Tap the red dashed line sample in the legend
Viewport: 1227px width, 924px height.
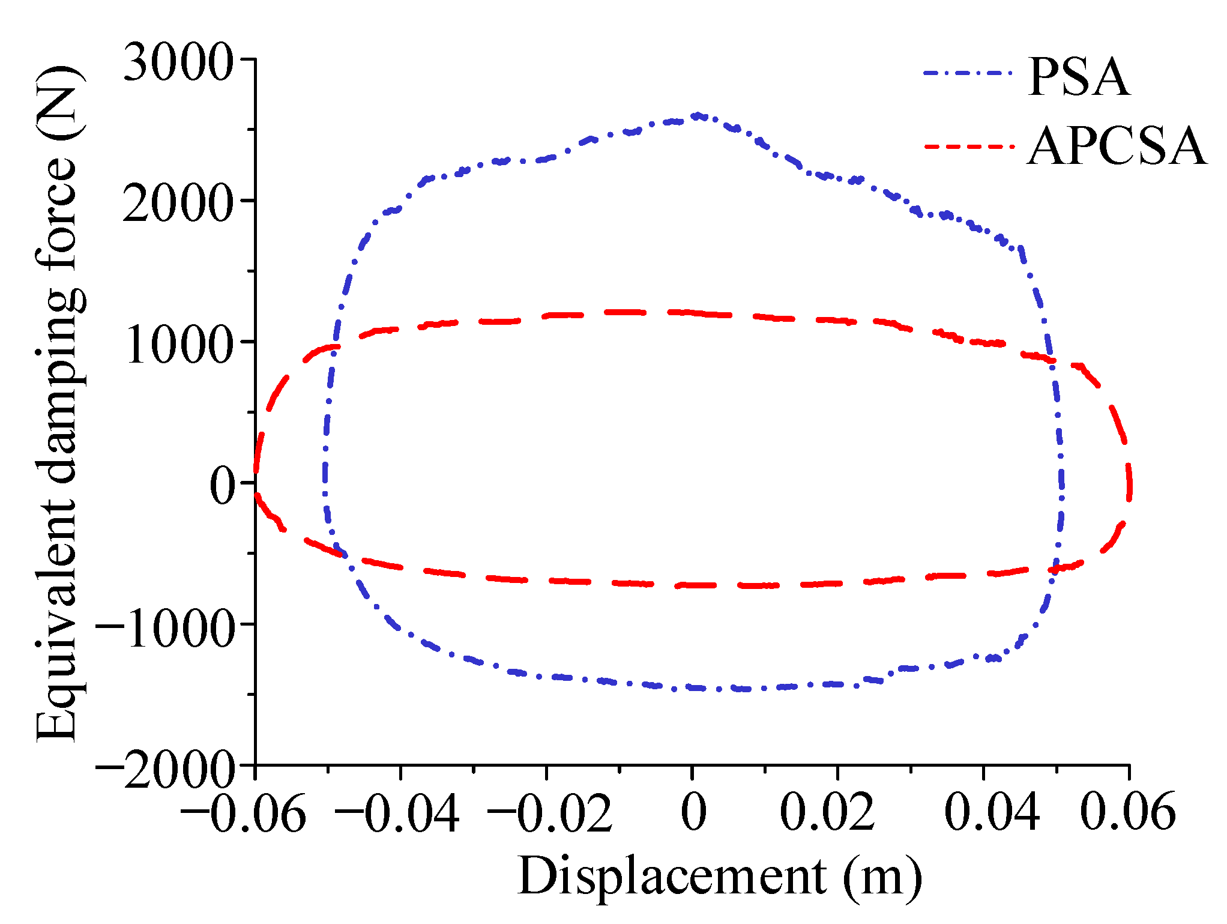(x=968, y=146)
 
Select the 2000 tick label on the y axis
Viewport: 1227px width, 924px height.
(x=178, y=203)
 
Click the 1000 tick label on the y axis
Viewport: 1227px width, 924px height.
(x=178, y=345)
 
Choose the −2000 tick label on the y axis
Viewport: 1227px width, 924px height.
(x=164, y=768)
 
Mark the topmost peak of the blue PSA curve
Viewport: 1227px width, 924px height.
(x=697, y=115)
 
